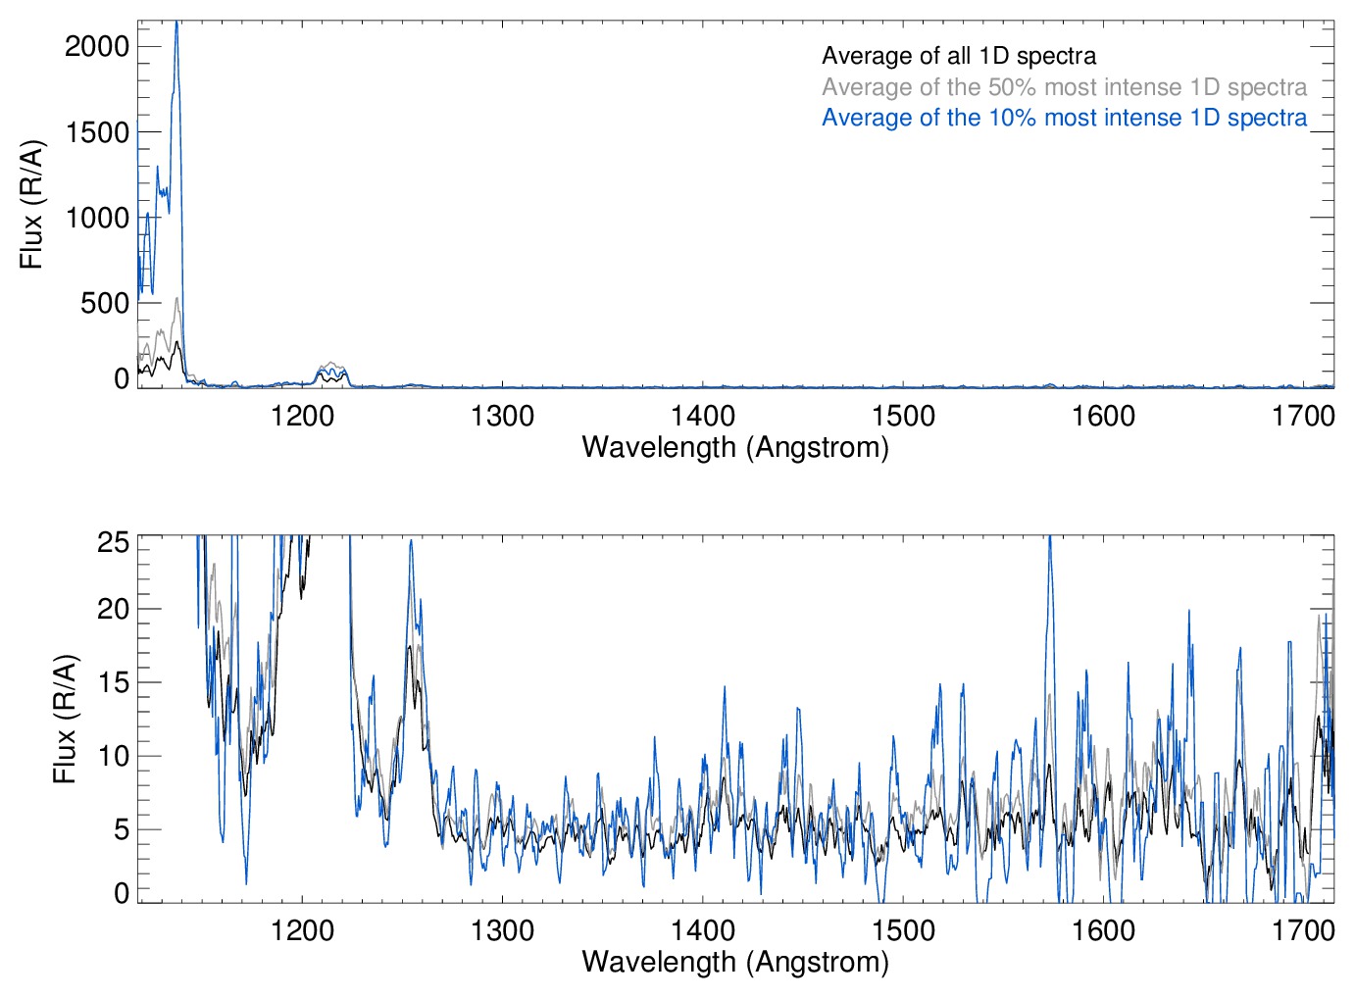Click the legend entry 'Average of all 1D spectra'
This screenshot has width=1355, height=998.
pos(959,56)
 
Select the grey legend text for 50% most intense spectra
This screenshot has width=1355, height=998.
pos(1064,87)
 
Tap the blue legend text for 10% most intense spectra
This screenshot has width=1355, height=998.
pos(1064,118)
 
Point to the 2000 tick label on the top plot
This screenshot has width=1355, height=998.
pos(97,46)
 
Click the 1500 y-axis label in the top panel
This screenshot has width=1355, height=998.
pos(97,132)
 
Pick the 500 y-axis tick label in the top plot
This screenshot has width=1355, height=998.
pos(105,303)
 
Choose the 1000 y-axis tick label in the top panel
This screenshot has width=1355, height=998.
pos(97,218)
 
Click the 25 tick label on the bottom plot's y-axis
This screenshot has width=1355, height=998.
pos(114,542)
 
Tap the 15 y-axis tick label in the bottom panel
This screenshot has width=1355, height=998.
pos(114,682)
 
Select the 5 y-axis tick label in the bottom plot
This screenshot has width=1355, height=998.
pos(122,829)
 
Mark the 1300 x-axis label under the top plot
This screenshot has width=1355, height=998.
pos(502,416)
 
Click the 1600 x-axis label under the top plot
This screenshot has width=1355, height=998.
pos(1103,416)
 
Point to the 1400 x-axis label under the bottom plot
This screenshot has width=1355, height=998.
pos(703,929)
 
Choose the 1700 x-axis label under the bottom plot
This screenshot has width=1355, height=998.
pos(1303,929)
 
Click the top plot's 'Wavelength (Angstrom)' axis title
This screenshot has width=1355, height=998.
pos(735,447)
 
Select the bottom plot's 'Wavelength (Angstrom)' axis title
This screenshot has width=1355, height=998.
pos(735,962)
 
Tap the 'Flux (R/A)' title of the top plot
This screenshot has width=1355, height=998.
pos(31,205)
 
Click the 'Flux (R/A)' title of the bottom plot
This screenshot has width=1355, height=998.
pos(65,720)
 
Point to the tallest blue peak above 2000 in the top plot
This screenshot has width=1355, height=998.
pos(176,24)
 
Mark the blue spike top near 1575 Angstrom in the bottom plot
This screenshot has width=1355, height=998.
pos(1050,537)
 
